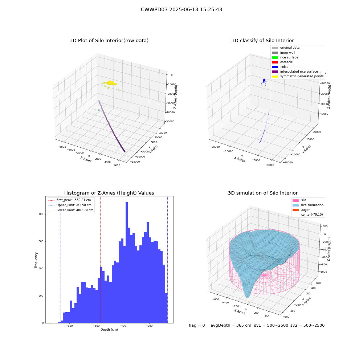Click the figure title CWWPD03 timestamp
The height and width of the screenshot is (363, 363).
pyautogui.click(x=181, y=10)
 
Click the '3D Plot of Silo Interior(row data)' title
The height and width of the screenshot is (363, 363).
pyautogui.click(x=109, y=41)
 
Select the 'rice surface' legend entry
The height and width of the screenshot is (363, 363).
pyautogui.click(x=285, y=57)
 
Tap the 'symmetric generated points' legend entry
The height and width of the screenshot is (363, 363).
pyautogui.click(x=298, y=76)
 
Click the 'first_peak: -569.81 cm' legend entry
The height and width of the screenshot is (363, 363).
pyautogui.click(x=70, y=200)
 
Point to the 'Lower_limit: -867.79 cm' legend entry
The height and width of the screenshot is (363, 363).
pyautogui.click(x=71, y=210)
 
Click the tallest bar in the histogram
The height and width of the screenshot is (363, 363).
pyautogui.click(x=127, y=262)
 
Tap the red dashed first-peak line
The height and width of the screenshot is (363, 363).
pyautogui.click(x=100, y=260)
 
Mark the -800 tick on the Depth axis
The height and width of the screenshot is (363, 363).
pyautogui.click(x=69, y=326)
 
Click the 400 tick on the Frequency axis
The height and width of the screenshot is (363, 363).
pyautogui.click(x=41, y=214)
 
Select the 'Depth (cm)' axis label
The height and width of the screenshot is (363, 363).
pyautogui.click(x=109, y=330)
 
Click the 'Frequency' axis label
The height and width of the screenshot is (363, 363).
pyautogui.click(x=36, y=260)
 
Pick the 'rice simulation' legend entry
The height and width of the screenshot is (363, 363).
pyautogui.click(x=308, y=205)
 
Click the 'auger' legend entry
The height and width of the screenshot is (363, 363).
pyautogui.click(x=301, y=210)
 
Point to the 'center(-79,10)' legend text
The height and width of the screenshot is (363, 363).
pyautogui.click(x=312, y=215)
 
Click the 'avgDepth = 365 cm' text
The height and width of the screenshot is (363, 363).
pyautogui.click(x=231, y=325)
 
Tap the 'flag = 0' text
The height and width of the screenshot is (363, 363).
pyautogui.click(x=197, y=325)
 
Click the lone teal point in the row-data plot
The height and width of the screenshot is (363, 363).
pyautogui.click(x=99, y=110)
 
